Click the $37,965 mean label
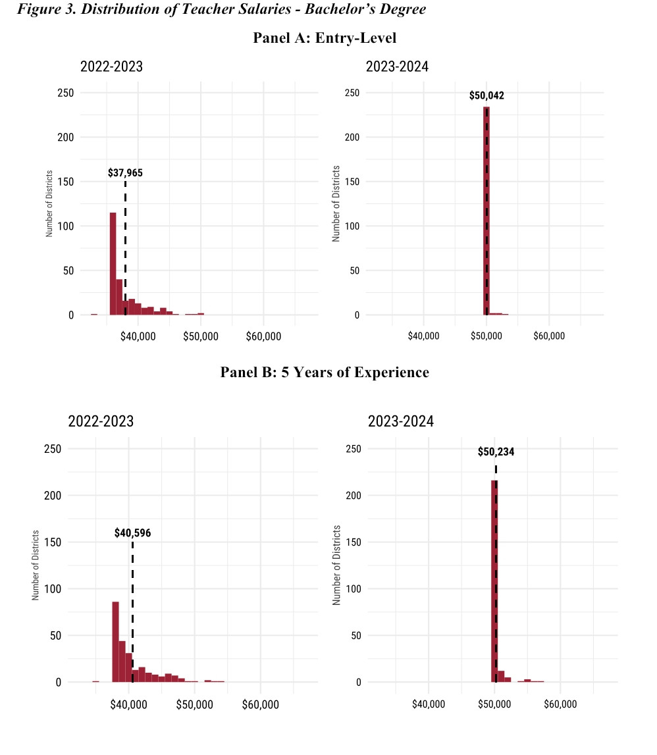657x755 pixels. pos(125,173)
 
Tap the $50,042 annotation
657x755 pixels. pos(486,95)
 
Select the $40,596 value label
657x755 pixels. pos(132,533)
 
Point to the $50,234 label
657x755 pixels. pos(496,452)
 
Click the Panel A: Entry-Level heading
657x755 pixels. pos(325,38)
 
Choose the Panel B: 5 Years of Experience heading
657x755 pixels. pos(325,372)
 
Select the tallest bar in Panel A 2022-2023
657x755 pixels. pos(113,263)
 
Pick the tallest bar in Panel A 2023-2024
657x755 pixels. pos(486,211)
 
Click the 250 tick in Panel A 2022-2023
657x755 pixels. pos(66,93)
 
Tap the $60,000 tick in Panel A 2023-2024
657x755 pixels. pos(549,336)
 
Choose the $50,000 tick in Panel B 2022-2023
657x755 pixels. pos(195,704)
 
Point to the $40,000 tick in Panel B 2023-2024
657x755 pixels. pos(429,704)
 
